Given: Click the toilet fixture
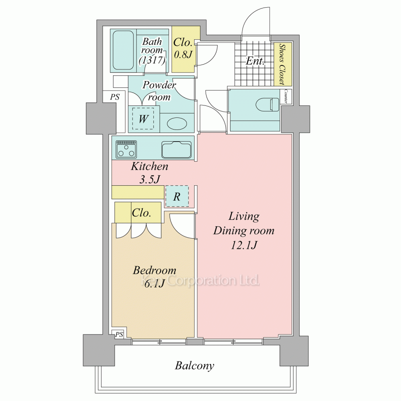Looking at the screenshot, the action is [x=267, y=104].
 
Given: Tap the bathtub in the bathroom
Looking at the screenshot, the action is [x=123, y=51].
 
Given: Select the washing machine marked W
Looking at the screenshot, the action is [x=143, y=119].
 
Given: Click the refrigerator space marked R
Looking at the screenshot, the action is [x=177, y=196].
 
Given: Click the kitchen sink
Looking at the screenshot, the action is [x=176, y=150].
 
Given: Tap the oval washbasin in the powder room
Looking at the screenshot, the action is [x=175, y=124].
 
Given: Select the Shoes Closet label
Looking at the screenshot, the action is [x=282, y=64].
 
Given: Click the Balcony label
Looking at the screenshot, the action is [x=194, y=366].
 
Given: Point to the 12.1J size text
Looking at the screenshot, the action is [x=244, y=245].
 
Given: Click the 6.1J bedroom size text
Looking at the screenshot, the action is [x=154, y=284].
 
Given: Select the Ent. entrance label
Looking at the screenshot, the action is [x=255, y=61].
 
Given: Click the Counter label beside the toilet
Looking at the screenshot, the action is [x=286, y=96].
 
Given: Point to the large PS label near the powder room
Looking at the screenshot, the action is [x=115, y=97].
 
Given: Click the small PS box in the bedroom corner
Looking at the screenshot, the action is [x=119, y=334].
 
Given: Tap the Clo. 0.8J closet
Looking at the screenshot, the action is [x=183, y=49].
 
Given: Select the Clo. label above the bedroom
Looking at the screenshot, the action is [x=142, y=213].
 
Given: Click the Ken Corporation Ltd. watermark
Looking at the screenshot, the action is [x=200, y=281].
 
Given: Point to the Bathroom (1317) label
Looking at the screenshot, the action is [x=152, y=51].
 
